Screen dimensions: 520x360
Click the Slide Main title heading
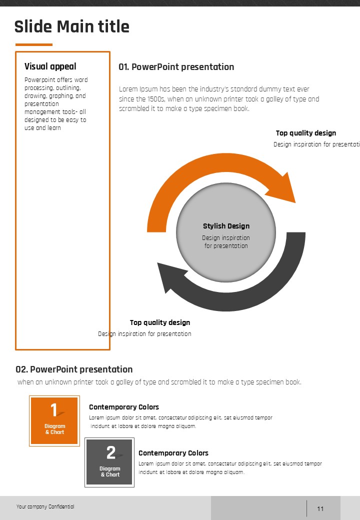[71, 26]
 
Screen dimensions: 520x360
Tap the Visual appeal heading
[50, 66]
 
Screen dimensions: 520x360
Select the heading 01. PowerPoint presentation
[176, 67]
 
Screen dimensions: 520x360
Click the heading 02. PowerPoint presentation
[74, 369]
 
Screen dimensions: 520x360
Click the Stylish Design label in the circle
[226, 226]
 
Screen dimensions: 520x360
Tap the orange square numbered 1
[54, 420]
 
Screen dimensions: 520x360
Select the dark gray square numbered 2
[109, 462]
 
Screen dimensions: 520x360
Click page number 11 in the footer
[320, 509]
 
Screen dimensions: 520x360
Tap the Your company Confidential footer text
[45, 507]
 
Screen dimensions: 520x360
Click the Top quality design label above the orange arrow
[306, 133]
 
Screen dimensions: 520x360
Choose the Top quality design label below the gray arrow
[160, 322]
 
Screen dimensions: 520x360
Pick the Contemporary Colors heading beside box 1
[124, 407]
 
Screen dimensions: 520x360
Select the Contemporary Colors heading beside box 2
[173, 453]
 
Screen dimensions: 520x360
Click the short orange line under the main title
[33, 44]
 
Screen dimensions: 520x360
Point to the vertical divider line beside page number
[306, 508]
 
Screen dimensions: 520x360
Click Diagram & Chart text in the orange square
[54, 429]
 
